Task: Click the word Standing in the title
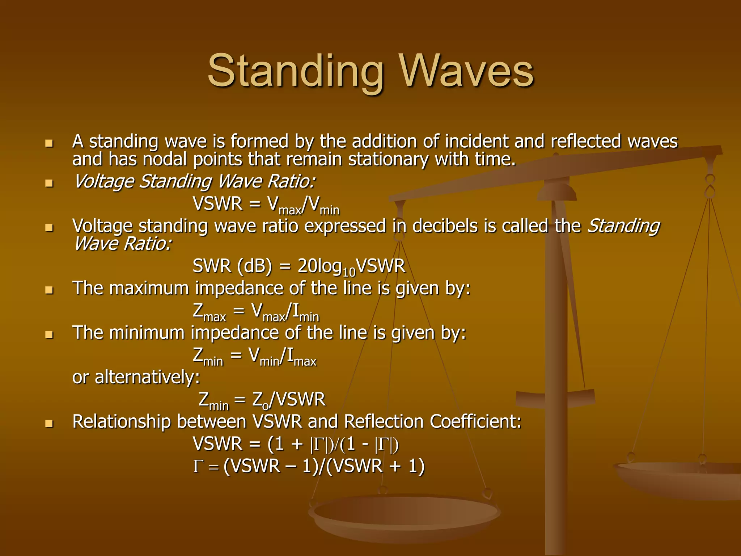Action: coord(295,71)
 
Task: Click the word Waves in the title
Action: coord(467,71)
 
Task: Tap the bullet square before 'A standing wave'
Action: coord(49,143)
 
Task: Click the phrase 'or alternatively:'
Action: coord(136,378)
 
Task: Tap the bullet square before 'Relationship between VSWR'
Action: coord(49,424)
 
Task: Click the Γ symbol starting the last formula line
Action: coord(197,467)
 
